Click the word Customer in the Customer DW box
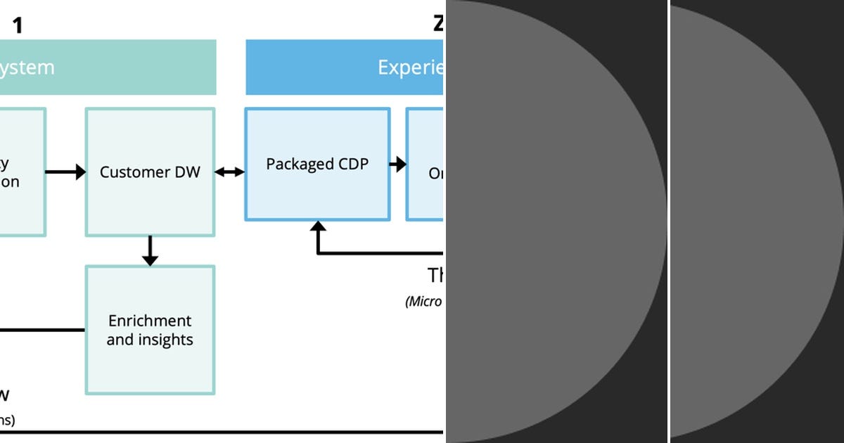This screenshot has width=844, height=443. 131,172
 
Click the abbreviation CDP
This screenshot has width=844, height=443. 353,164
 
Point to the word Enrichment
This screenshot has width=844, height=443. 150,321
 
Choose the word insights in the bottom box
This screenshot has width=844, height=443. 166,340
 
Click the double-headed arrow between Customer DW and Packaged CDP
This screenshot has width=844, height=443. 229,172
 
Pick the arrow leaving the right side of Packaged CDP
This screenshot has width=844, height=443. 397,165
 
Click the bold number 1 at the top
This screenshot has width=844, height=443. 18,26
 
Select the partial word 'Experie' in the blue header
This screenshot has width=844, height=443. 410,68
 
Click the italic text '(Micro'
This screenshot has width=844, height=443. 423,302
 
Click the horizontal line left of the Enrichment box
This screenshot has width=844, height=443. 42,329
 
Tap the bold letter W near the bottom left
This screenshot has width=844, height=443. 4,395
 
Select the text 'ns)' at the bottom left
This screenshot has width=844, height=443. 6,420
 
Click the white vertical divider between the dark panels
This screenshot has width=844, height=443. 669,222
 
